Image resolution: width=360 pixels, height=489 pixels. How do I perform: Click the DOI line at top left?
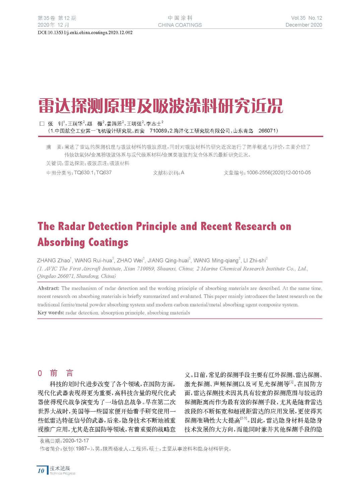click(85, 33)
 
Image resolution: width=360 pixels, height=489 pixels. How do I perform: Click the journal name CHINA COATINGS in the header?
click(180, 25)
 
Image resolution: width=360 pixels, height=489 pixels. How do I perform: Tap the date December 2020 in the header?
click(303, 25)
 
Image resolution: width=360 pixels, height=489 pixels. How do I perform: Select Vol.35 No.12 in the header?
click(306, 18)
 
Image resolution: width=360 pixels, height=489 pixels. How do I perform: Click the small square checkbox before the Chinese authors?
click(42, 124)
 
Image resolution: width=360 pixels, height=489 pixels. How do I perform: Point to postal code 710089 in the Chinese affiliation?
click(158, 131)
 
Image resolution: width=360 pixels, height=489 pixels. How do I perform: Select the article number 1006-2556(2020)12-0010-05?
click(279, 173)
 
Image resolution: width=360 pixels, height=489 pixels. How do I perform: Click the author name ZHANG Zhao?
click(53, 260)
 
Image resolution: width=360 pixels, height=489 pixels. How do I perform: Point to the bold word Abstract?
click(48, 288)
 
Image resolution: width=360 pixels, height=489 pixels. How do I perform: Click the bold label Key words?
click(51, 313)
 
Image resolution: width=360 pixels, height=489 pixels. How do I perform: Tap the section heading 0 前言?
click(56, 373)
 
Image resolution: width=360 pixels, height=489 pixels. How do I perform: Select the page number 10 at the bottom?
click(41, 471)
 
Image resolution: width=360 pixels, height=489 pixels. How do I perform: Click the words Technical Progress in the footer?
click(63, 474)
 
